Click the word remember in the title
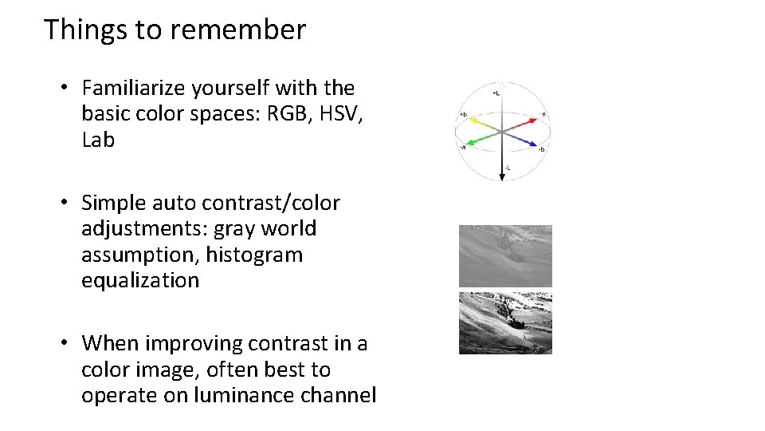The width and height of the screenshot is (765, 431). (237, 30)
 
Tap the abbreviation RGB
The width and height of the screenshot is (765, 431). (284, 113)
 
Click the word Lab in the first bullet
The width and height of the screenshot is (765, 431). (98, 140)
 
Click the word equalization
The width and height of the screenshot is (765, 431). (140, 280)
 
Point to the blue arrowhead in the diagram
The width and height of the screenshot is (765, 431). (534, 144)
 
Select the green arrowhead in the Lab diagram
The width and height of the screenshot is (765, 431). (468, 144)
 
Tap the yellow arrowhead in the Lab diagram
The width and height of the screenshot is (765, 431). (472, 121)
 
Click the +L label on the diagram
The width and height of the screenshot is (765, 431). (496, 93)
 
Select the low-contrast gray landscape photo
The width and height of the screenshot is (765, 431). (505, 255)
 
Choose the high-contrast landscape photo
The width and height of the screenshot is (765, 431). (505, 323)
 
